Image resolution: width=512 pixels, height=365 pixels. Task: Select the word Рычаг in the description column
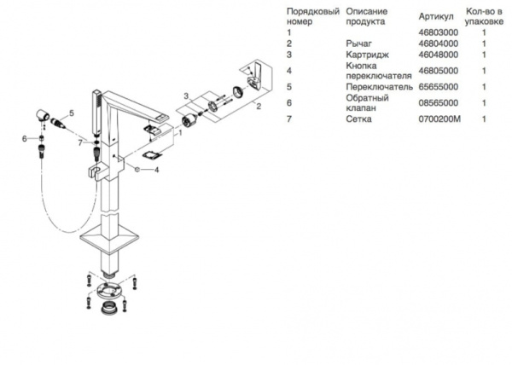(358, 43)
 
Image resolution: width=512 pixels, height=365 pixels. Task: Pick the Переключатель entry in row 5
(374, 87)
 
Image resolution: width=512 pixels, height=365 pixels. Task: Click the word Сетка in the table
(357, 119)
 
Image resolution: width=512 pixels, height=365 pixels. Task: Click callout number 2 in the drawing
(259, 106)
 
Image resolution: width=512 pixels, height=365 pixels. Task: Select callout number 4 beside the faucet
(157, 169)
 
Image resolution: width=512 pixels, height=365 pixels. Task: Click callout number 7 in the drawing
(79, 142)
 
